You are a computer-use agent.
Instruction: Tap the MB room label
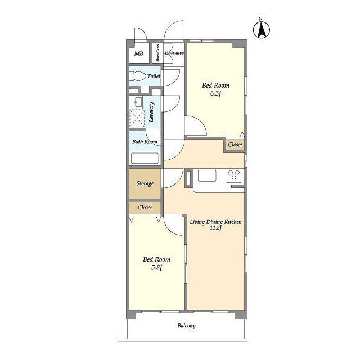pyautogui.click(x=139, y=53)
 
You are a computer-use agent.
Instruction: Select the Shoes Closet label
pyautogui.click(x=157, y=52)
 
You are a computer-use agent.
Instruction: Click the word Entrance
pyautogui.click(x=174, y=52)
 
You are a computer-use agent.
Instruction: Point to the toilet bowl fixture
pyautogui.click(x=138, y=76)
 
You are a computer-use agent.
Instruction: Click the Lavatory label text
pyautogui.click(x=151, y=112)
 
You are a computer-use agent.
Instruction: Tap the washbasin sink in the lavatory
pyautogui.click(x=138, y=102)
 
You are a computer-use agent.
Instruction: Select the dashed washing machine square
pyautogui.click(x=137, y=118)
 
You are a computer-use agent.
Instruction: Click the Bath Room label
pyautogui.click(x=145, y=142)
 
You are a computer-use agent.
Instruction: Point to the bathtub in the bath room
pyautogui.click(x=145, y=158)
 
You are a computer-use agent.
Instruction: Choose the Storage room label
pyautogui.click(x=145, y=183)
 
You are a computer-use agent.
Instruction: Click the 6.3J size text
pyautogui.click(x=215, y=93)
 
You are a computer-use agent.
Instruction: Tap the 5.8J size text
pyautogui.click(x=156, y=268)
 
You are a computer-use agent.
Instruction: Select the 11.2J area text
pyautogui.click(x=216, y=228)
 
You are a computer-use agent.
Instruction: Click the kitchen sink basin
pyautogui.click(x=207, y=175)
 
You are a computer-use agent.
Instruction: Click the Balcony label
pyautogui.click(x=186, y=326)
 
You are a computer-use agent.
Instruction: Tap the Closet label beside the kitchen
pyautogui.click(x=235, y=145)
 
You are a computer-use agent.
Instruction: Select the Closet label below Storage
pyautogui.click(x=145, y=208)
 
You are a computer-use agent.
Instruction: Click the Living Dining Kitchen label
pyautogui.click(x=215, y=222)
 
